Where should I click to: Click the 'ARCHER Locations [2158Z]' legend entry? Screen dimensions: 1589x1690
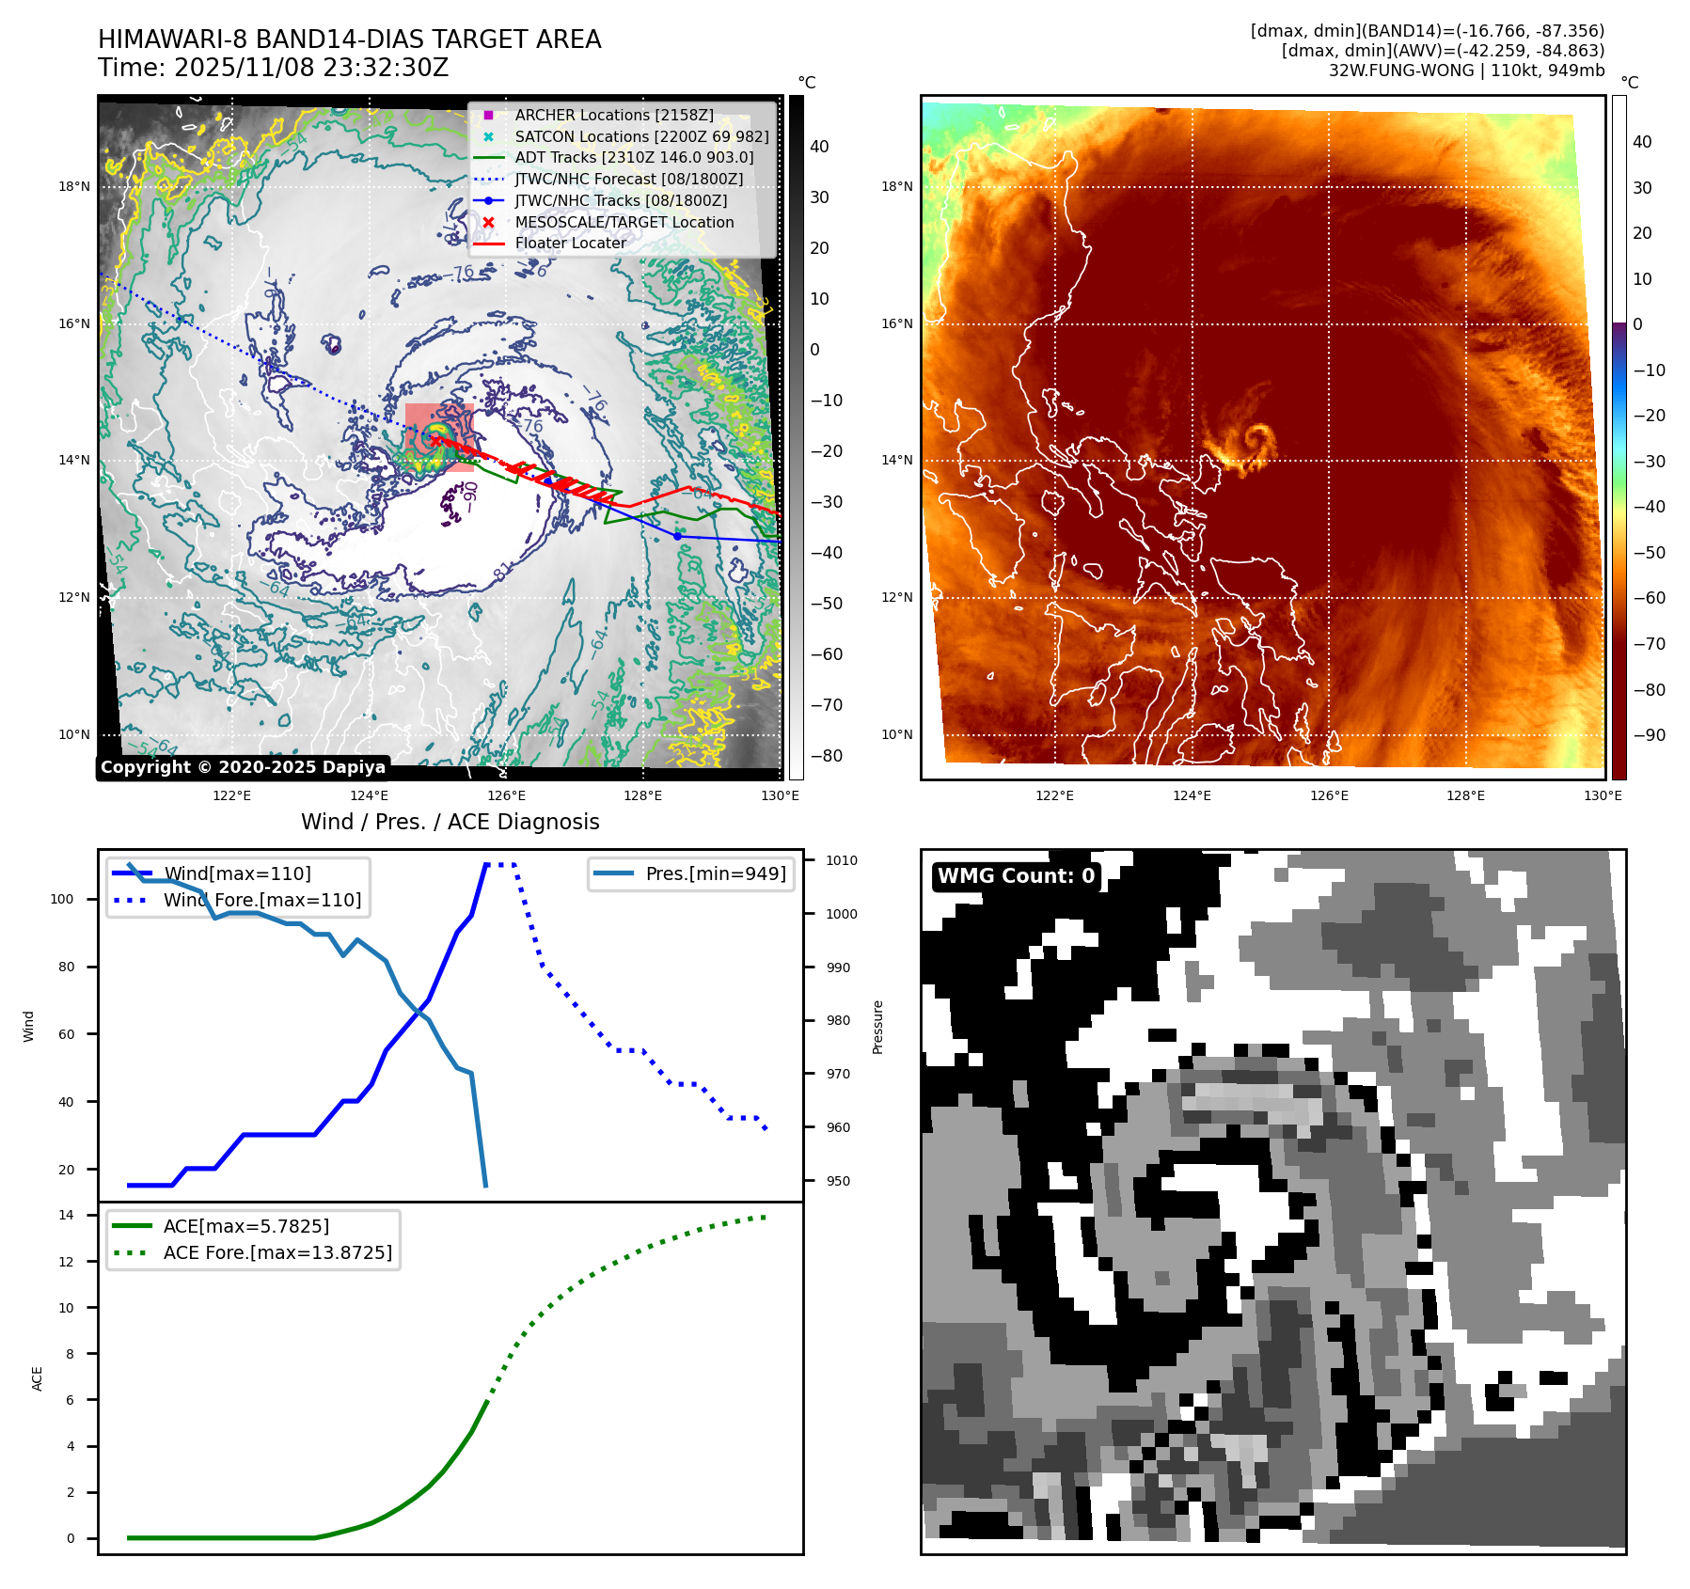[x=613, y=115]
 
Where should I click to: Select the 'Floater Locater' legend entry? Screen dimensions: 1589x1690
[x=570, y=243]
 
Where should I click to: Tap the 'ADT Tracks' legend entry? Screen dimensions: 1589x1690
[x=634, y=157]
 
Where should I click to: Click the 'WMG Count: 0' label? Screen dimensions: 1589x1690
[x=1016, y=875]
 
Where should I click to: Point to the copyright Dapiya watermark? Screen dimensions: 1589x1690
[x=243, y=767]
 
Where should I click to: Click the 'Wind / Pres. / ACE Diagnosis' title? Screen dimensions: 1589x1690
[x=450, y=822]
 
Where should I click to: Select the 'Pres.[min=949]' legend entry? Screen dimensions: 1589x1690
[x=715, y=873]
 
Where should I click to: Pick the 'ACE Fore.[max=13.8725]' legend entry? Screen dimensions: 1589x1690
[x=277, y=1252]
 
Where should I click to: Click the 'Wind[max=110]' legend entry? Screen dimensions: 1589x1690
[x=237, y=873]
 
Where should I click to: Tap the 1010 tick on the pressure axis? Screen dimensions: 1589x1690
[x=842, y=860]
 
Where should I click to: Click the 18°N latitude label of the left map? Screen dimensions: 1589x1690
[x=74, y=186]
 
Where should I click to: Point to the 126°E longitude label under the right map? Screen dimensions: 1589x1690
[x=1329, y=795]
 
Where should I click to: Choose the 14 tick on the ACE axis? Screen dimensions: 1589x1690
[x=67, y=1215]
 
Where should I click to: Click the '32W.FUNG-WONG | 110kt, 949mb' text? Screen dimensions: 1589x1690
[x=1466, y=71]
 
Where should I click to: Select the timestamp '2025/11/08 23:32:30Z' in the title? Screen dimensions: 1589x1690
[x=311, y=68]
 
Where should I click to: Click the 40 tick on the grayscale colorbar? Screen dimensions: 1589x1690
[x=819, y=147]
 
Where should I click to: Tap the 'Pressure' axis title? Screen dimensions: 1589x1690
[x=877, y=1027]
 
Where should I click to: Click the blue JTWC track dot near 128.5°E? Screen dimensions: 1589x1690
[x=677, y=536]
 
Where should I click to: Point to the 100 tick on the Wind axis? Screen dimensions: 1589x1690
[x=62, y=899]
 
